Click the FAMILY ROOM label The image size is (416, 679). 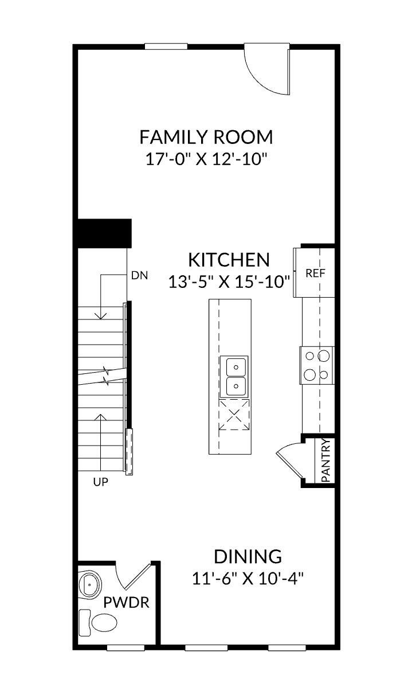pyautogui.click(x=206, y=138)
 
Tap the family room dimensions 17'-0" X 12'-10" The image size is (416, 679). pyautogui.click(x=206, y=158)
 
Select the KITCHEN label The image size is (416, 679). pyautogui.click(x=229, y=260)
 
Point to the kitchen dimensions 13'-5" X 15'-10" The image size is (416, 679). pyautogui.click(x=229, y=282)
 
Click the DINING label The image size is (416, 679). pyautogui.click(x=248, y=556)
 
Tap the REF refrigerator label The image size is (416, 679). pyautogui.click(x=315, y=273)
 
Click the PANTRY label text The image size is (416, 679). pyautogui.click(x=325, y=460)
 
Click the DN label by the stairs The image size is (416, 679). pyautogui.click(x=139, y=275)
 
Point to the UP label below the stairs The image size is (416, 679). pyautogui.click(x=100, y=482)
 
